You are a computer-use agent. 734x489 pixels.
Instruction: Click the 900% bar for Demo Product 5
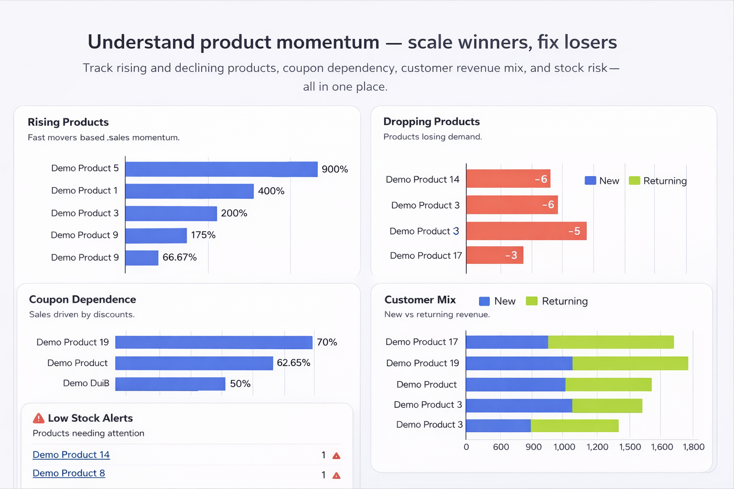coord(221,169)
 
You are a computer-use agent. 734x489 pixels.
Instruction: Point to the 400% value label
coord(271,191)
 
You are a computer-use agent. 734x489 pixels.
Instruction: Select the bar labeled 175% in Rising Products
coord(156,235)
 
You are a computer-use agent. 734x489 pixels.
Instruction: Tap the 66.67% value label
coord(179,257)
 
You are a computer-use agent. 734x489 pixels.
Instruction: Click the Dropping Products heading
coord(431,122)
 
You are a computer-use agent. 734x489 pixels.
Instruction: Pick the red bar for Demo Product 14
coord(507,179)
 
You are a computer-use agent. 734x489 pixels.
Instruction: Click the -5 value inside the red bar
coord(574,231)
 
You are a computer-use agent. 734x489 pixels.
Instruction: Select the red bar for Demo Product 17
coord(494,255)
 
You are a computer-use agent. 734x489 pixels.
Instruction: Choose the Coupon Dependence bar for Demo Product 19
coord(214,342)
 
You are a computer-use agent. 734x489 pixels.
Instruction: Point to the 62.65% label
coord(293,363)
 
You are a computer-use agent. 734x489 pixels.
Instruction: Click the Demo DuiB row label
coord(86,383)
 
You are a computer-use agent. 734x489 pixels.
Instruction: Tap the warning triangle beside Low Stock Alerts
coord(39,418)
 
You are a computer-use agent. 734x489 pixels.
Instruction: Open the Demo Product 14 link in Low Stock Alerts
coord(71,455)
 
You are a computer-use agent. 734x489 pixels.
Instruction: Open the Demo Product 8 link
coord(69,473)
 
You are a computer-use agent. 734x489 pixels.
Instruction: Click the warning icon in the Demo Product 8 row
coord(336,476)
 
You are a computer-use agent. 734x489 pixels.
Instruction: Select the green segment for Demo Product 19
coord(630,363)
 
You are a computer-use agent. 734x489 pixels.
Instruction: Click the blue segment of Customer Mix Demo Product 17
coord(507,342)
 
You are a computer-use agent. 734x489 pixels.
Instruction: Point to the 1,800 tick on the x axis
coord(693,447)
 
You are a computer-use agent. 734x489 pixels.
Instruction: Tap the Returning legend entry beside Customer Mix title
coord(557,301)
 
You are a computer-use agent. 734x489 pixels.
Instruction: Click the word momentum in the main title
coord(327,42)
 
